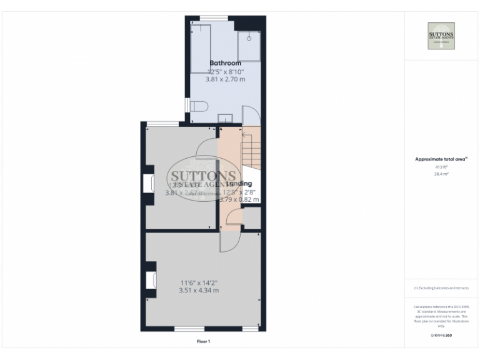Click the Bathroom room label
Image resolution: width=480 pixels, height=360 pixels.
[x=225, y=63]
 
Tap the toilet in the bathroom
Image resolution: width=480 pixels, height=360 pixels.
[x=198, y=108]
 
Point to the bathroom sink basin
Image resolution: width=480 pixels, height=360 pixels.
[x=225, y=118]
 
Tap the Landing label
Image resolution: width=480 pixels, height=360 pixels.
[x=239, y=184]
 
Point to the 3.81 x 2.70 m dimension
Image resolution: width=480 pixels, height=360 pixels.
[x=225, y=79]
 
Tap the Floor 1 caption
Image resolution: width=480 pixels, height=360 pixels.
[x=203, y=342]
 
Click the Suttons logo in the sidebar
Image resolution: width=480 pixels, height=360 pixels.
[x=441, y=36]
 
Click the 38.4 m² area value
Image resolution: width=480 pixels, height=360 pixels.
[x=441, y=174]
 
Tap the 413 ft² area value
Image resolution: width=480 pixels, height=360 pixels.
[x=441, y=167]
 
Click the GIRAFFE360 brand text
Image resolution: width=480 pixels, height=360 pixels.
[x=441, y=336]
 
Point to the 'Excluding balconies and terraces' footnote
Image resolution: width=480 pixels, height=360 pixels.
[x=441, y=287]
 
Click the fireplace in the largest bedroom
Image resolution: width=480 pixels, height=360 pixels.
[x=151, y=281]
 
